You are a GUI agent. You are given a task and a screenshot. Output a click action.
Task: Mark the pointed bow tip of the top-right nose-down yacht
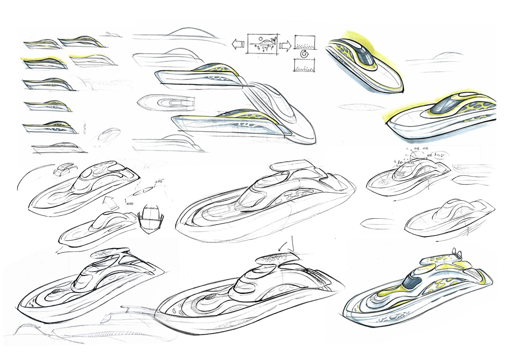click(402, 89)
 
